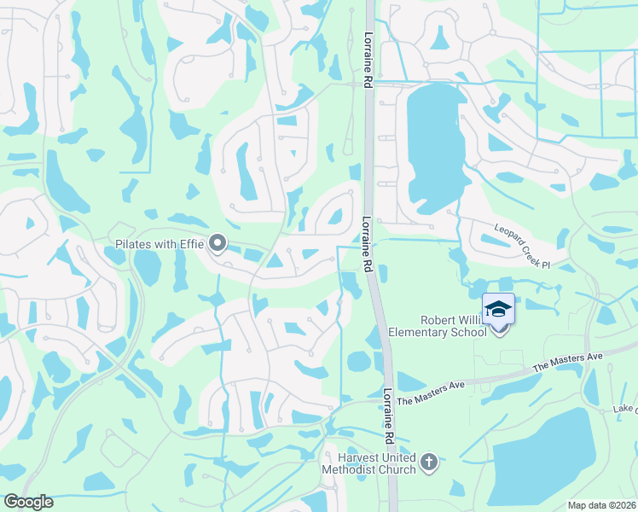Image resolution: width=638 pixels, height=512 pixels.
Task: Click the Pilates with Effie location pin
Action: pyautogui.click(x=217, y=245)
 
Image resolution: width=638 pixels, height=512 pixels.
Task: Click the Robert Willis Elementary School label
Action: pyautogui.click(x=437, y=325)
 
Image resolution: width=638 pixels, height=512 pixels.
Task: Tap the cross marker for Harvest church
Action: pyautogui.click(x=428, y=463)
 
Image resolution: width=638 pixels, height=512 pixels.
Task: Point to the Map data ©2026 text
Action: pyautogui.click(x=600, y=505)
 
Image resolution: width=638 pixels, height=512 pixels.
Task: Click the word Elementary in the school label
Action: pyautogui.click(x=420, y=331)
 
